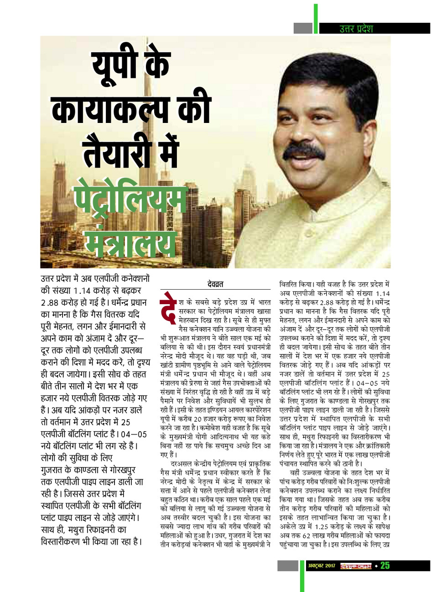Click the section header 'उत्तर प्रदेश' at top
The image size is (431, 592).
coord(356,28)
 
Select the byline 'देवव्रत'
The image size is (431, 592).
coord(215,285)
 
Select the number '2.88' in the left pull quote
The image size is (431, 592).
coord(53,303)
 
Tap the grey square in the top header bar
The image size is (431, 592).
coord(303,28)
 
